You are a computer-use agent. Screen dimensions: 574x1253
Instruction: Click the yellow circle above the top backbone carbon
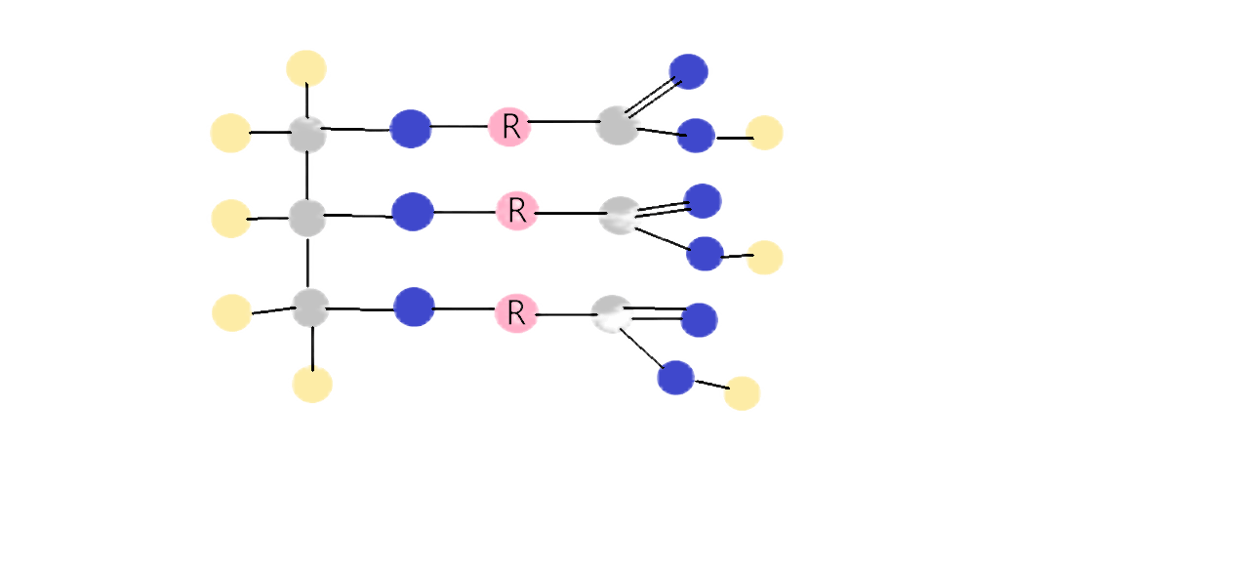(306, 67)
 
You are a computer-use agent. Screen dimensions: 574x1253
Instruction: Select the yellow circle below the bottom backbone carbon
(312, 384)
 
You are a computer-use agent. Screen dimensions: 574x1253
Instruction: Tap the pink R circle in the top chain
(509, 126)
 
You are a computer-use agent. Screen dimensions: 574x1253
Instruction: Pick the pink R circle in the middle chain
(517, 210)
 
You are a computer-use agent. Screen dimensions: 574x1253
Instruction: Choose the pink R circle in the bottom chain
(517, 312)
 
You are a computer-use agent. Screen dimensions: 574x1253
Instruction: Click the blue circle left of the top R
(410, 128)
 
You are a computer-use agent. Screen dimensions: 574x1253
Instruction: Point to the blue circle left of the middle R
(412, 211)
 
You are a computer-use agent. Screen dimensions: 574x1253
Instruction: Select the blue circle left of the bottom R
(414, 307)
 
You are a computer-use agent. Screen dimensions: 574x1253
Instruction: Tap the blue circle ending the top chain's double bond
(688, 71)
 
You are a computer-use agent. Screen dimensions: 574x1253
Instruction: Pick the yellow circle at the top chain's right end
(764, 133)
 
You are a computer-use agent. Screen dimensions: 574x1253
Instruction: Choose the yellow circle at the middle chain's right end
(765, 257)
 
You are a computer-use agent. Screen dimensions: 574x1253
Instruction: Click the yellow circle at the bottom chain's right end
(742, 392)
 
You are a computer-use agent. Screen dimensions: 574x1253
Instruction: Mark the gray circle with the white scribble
(612, 314)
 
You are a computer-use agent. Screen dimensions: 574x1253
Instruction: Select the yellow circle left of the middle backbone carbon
(230, 218)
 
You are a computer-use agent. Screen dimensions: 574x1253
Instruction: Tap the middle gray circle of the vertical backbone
(307, 216)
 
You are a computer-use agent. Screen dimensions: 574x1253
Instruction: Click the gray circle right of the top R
(617, 125)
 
